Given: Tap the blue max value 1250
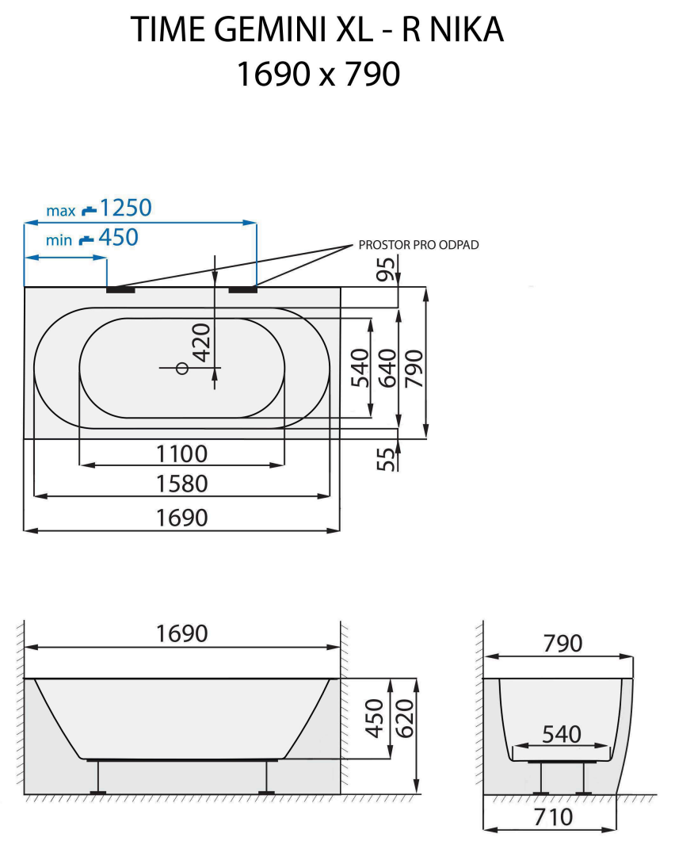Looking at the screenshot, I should [x=125, y=208].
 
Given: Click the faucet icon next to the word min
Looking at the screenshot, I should [x=86, y=239].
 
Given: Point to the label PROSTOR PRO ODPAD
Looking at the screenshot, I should [x=419, y=245].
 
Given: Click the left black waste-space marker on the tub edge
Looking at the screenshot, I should [x=120, y=289].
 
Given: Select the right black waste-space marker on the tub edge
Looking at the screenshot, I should [x=243, y=289].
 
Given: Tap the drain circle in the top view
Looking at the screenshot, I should [x=181, y=368].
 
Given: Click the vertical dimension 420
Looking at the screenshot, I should [x=201, y=342].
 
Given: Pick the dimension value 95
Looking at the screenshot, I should [x=386, y=270].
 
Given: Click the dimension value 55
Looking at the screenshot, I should [x=386, y=459].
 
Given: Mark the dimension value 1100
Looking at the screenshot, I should [x=181, y=454].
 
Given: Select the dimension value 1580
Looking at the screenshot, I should [x=181, y=484].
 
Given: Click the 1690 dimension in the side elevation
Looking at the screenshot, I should [x=181, y=634].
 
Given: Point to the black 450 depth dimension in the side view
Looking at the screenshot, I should [x=376, y=718].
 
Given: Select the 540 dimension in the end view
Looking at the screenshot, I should [x=562, y=735].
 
